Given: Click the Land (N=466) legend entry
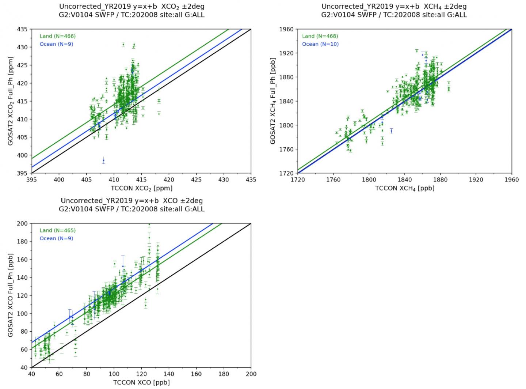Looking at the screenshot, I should (x=57, y=36).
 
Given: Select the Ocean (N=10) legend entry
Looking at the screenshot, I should (x=320, y=44).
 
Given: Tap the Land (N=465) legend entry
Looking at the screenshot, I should (x=57, y=230).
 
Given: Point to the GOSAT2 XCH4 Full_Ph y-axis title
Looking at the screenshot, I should (x=273, y=101).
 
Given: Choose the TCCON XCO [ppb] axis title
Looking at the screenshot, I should (x=141, y=382).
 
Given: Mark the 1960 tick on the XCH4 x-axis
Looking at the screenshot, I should (x=511, y=180).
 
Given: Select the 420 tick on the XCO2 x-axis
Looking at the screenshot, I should (x=169, y=180).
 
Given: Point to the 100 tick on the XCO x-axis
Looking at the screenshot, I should (x=114, y=374).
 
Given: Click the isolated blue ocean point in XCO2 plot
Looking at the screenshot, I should (x=103, y=160).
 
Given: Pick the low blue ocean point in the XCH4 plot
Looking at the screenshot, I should (x=391, y=131).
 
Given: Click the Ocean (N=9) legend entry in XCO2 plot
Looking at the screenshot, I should (x=56, y=44).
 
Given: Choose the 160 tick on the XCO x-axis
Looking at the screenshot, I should (x=196, y=374).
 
